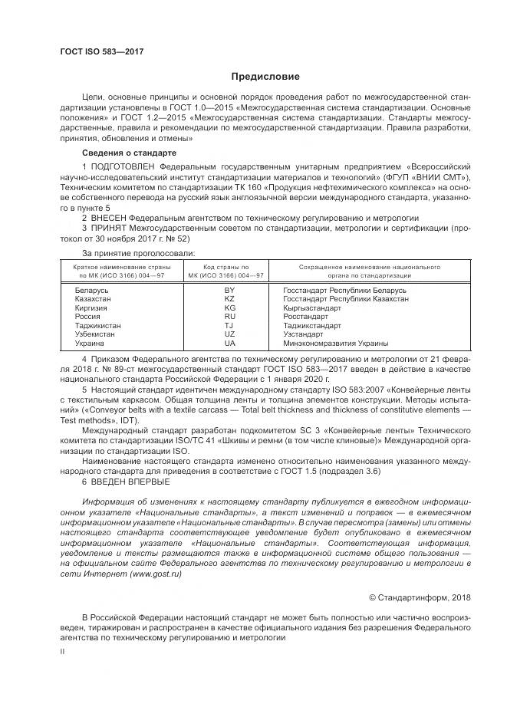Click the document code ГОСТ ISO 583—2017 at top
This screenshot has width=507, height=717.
click(x=101, y=52)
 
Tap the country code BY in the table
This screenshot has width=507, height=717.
click(x=229, y=291)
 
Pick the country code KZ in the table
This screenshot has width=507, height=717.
click(x=229, y=300)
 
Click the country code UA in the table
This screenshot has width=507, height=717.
click(x=229, y=344)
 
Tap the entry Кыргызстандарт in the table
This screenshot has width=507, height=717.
click(x=312, y=308)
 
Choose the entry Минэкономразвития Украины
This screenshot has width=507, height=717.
click(x=335, y=344)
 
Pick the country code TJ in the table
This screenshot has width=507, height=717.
click(x=229, y=326)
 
